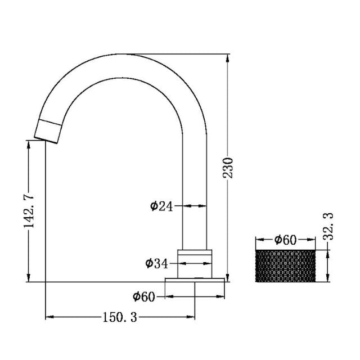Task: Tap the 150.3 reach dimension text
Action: pos(120,318)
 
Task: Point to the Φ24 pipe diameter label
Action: pos(161,206)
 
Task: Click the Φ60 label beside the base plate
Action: pos(144,296)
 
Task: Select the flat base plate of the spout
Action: pos(195,280)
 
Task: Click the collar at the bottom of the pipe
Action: pos(196,263)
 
